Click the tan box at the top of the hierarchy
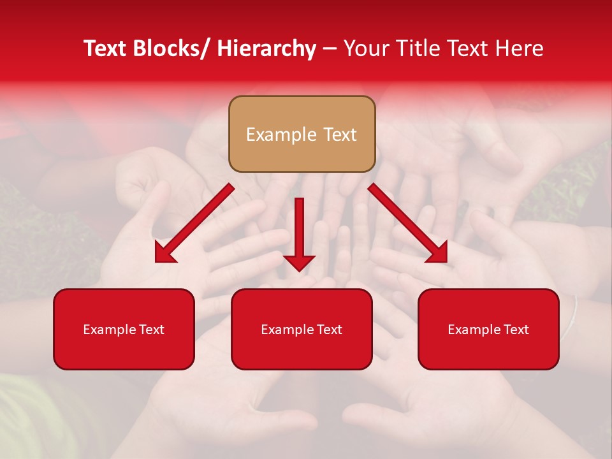coord(302,134)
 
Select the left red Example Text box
coord(124,329)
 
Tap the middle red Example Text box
coord(302,329)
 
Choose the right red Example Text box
coord(488,329)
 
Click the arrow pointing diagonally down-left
coord(194,223)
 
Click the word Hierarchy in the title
coord(266,48)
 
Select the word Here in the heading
coord(521,48)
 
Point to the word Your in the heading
coord(365,48)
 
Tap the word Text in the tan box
coord(339,135)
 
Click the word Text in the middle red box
coord(328,330)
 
